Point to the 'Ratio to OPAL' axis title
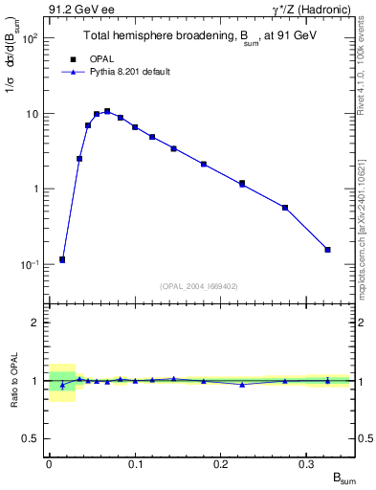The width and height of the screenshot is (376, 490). click(x=13, y=381)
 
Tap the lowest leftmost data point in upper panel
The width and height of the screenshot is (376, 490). click(x=62, y=259)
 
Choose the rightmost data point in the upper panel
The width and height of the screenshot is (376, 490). click(x=327, y=250)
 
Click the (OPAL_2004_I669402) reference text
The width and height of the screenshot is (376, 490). click(x=199, y=285)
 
